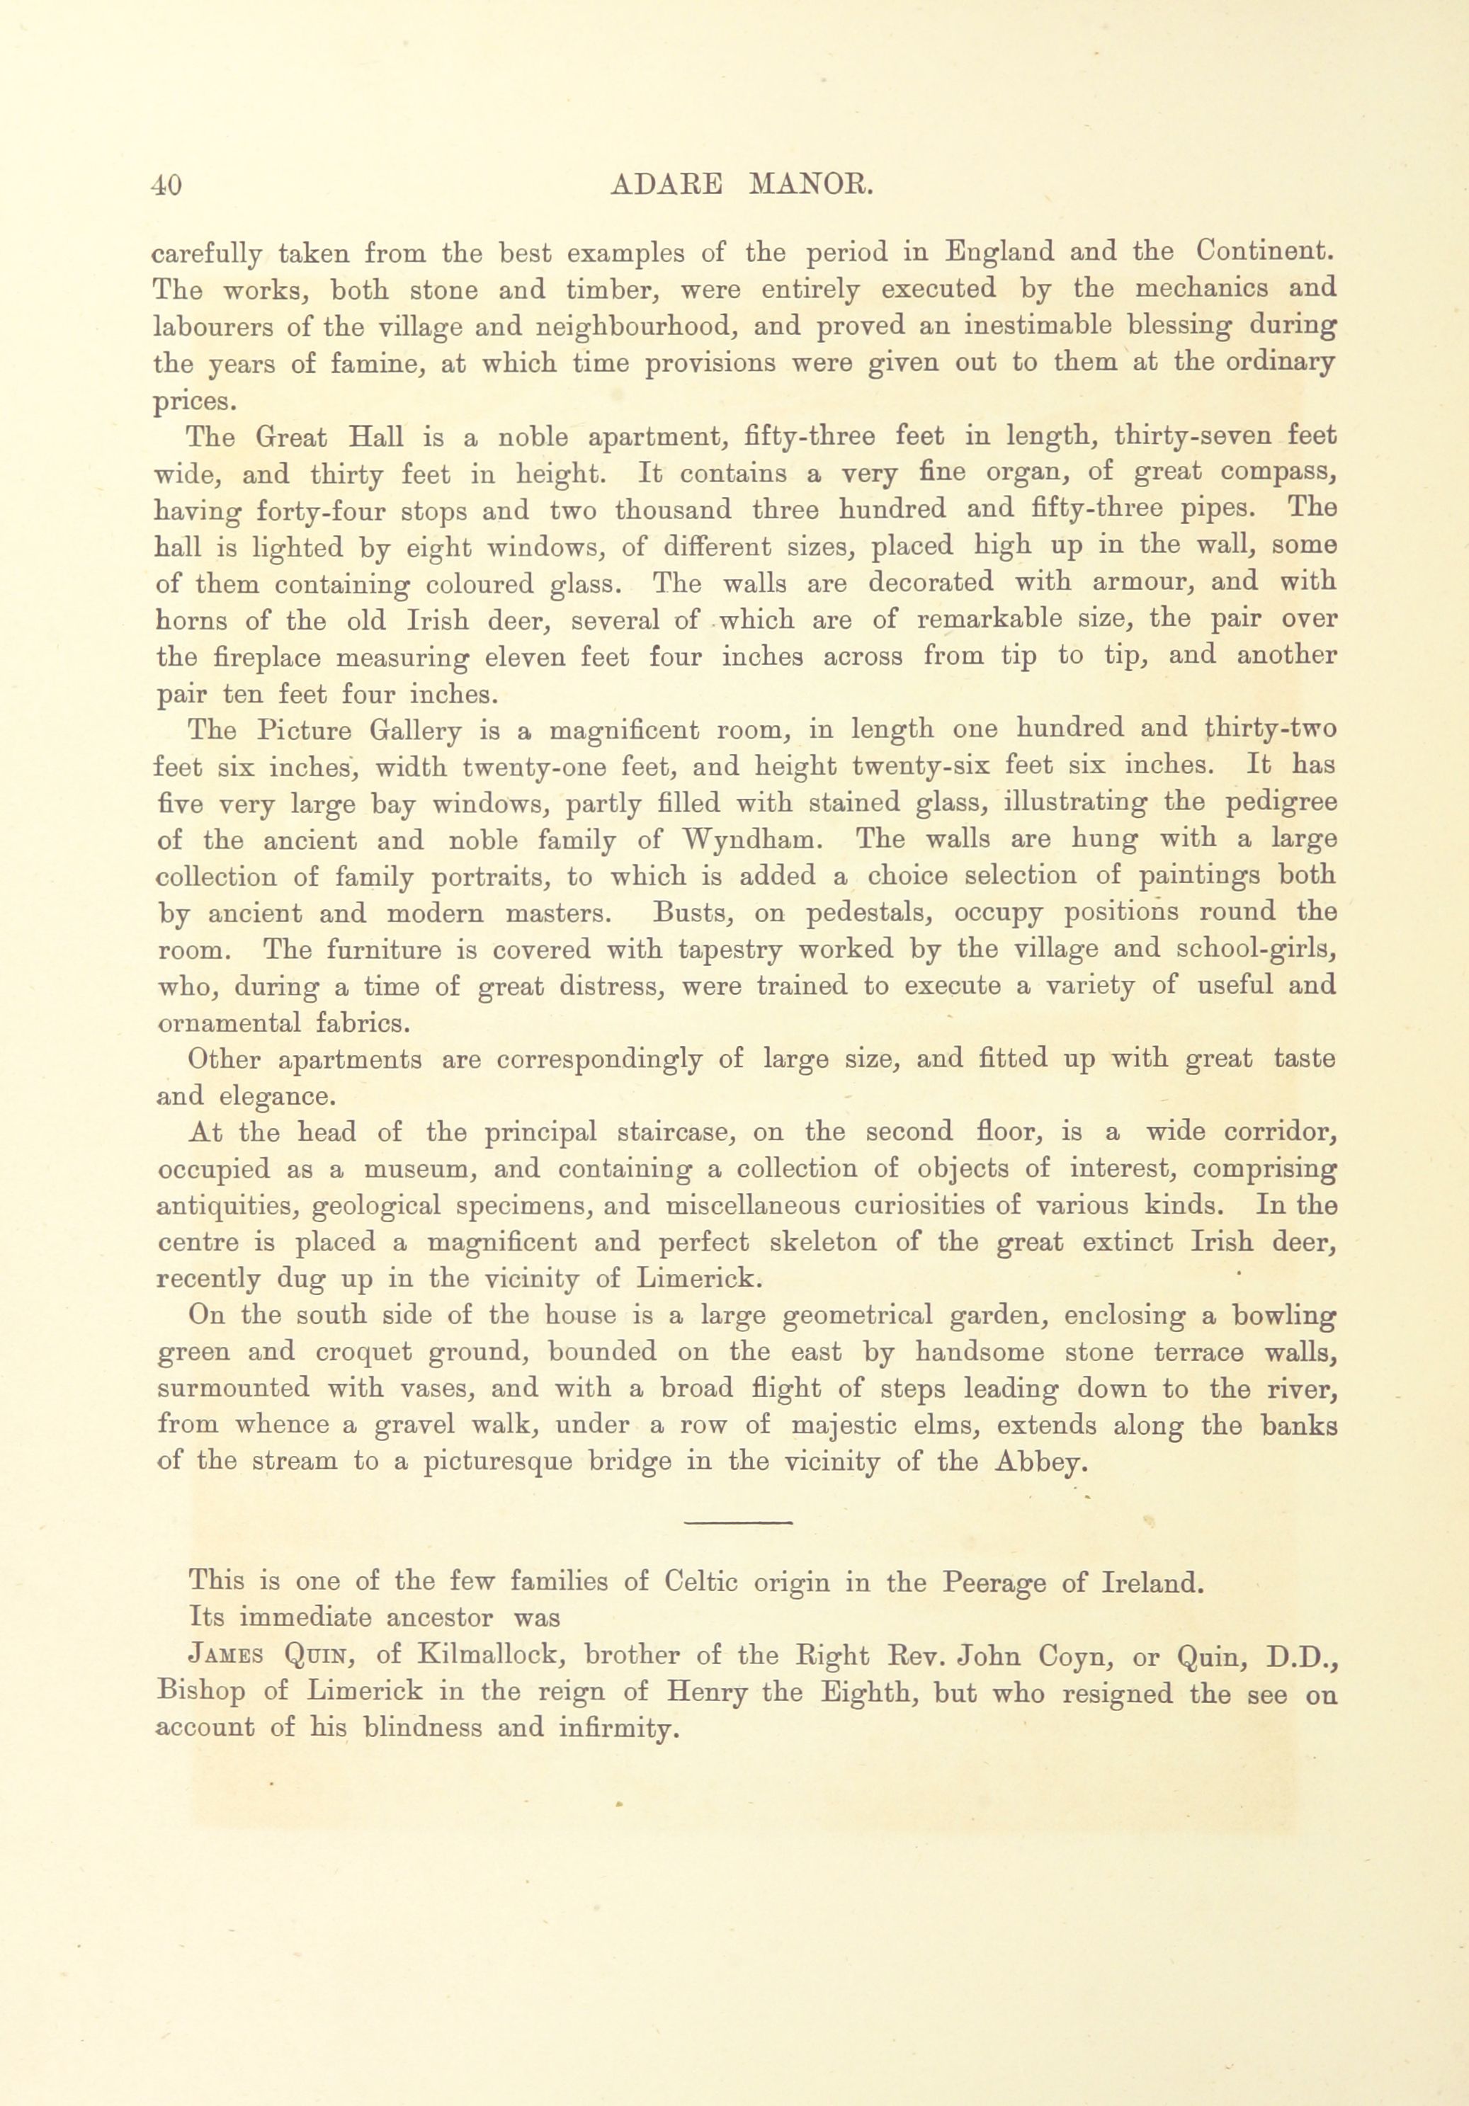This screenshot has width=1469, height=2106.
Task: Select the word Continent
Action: (1266, 251)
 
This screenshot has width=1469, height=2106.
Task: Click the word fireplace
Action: (255, 658)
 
